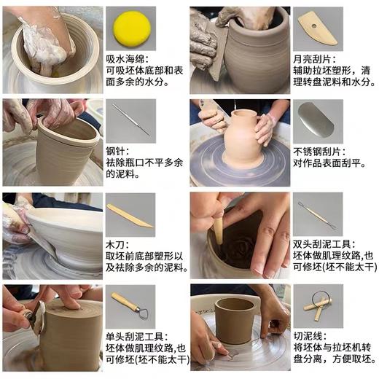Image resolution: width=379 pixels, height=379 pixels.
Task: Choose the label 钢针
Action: tap(115, 151)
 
